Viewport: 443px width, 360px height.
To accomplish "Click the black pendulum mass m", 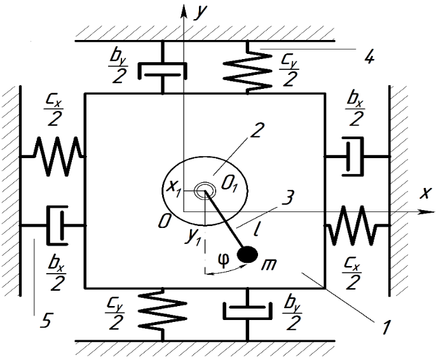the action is pos(247,254).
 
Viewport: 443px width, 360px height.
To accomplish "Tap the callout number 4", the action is pos(369,58).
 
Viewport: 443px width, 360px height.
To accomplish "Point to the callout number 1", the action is pos(386,327).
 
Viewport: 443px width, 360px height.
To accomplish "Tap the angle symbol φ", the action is pos(224,260).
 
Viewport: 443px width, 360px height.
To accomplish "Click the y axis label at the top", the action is pos(200,13).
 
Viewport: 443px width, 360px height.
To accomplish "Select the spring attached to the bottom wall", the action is pos(162,314).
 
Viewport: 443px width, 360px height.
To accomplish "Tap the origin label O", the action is pos(165,221).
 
